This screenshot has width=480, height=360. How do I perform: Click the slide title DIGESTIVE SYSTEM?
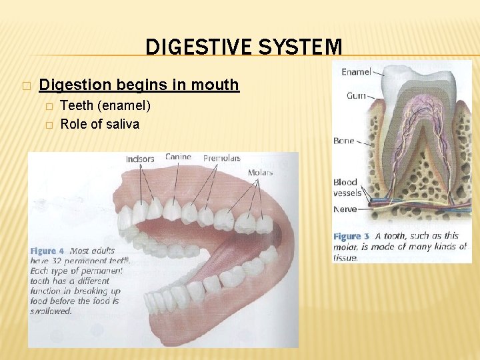pos(243,47)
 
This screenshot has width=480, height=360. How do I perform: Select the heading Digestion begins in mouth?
pos(139,85)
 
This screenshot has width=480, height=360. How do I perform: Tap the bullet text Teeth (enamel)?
pos(105,106)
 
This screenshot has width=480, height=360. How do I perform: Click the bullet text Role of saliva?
pos(100,123)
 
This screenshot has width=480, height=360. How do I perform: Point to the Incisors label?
pos(140,159)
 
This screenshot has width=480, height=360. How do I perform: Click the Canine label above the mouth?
pos(178,157)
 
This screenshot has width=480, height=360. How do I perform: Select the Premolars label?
pos(221,158)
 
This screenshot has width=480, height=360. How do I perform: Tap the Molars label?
pos(260,173)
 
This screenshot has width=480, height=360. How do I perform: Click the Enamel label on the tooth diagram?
pos(357,71)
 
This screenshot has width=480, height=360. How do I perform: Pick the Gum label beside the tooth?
pos(356,96)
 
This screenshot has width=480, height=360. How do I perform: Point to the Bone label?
pos(345,141)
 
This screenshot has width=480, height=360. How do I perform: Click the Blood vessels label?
pos(346,187)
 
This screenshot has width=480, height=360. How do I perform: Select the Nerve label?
pos(345,209)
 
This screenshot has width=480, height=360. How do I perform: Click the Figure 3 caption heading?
pos(351,236)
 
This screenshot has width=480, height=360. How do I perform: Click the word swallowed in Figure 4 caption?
pos(51,311)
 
